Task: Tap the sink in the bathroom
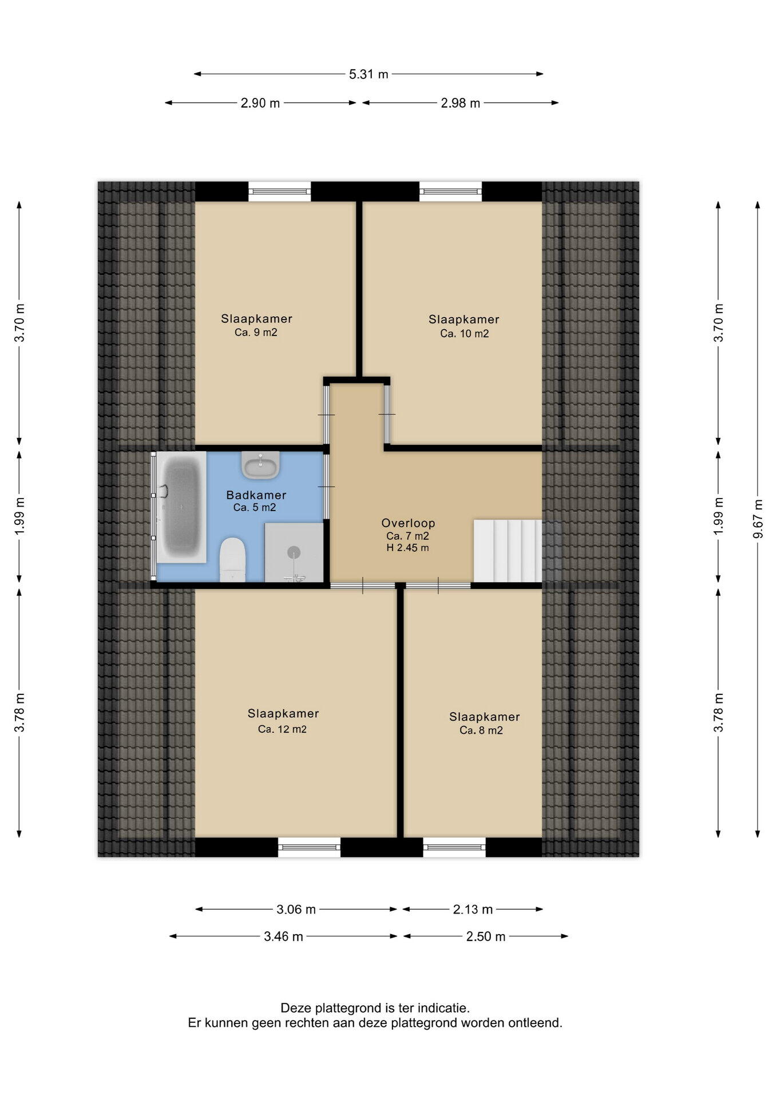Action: coord(260,464)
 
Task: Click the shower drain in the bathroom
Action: coord(294,552)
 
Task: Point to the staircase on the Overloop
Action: coord(508,551)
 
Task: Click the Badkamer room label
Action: coord(256,495)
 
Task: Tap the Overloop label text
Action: coord(409,523)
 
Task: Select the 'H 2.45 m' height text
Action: coord(407,548)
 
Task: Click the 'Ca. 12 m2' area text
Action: coord(282,729)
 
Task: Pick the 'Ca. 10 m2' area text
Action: coord(464,334)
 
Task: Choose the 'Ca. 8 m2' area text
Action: coord(481,730)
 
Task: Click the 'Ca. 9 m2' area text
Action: coord(256,333)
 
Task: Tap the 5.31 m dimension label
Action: coord(368,74)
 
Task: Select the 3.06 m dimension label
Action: coord(296,909)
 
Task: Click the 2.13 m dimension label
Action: coord(473,909)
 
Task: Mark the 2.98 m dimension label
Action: coord(460,103)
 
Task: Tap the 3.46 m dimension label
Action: coord(283,936)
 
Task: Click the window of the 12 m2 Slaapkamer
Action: coord(309,847)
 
